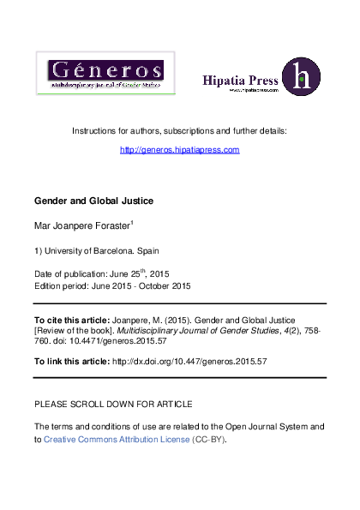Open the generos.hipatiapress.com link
179,149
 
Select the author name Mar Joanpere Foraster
81,226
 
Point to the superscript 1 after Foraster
132,223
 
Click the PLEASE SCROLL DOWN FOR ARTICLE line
112,403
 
